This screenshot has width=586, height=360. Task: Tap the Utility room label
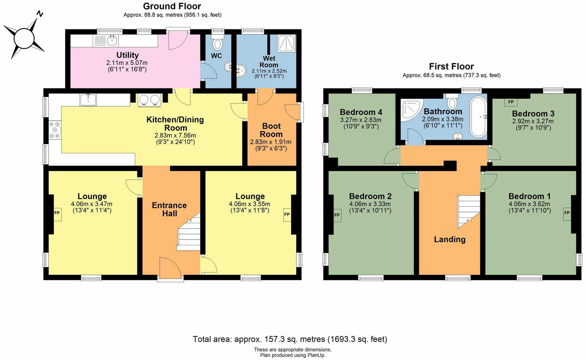pyautogui.click(x=127, y=55)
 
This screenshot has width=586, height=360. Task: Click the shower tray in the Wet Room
pyautogui.click(x=286, y=43)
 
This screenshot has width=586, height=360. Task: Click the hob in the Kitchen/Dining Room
pyautogui.click(x=55, y=130)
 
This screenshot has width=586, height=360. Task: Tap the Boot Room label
pyautogui.click(x=271, y=130)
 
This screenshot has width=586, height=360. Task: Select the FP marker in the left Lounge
pyautogui.click(x=57, y=213)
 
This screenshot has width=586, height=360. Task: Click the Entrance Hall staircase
pyautogui.click(x=189, y=233)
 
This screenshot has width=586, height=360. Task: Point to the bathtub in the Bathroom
pyautogui.click(x=478, y=117)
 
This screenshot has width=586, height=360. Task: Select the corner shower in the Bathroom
pyautogui.click(x=411, y=109)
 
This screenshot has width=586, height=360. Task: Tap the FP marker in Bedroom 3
pyautogui.click(x=511, y=102)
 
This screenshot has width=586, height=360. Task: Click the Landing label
pyautogui.click(x=449, y=239)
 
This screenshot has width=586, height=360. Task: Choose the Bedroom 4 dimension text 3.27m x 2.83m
pyautogui.click(x=361, y=120)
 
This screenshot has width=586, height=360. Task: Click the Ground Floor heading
pyautogui.click(x=172, y=6)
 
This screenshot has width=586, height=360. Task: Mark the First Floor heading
pyautogui.click(x=451, y=66)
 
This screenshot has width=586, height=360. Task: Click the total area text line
pyautogui.click(x=290, y=339)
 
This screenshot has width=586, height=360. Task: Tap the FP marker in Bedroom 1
pyautogui.click(x=567, y=213)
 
